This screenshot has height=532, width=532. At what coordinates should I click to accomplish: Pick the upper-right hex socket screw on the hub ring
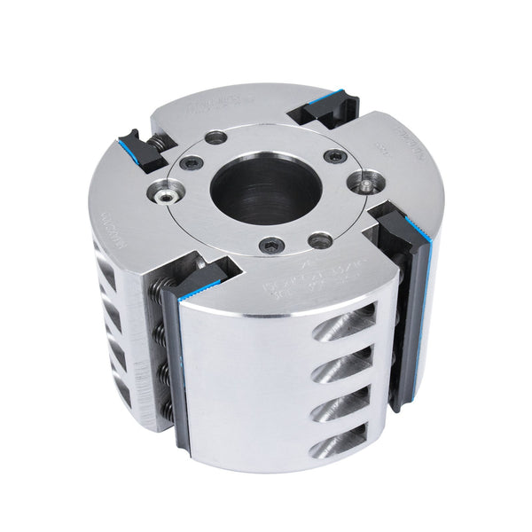[x=333, y=156]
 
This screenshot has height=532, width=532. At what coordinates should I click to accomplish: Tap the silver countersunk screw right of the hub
[x=365, y=185]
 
